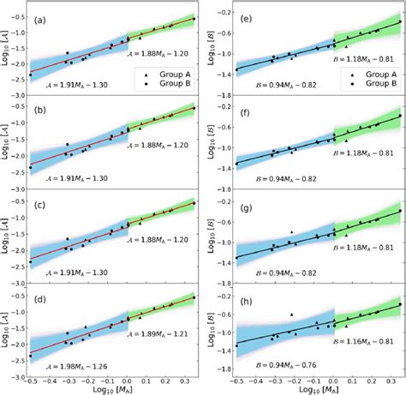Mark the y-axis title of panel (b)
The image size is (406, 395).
click(8, 142)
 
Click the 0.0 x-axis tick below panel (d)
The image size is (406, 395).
click(127, 380)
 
